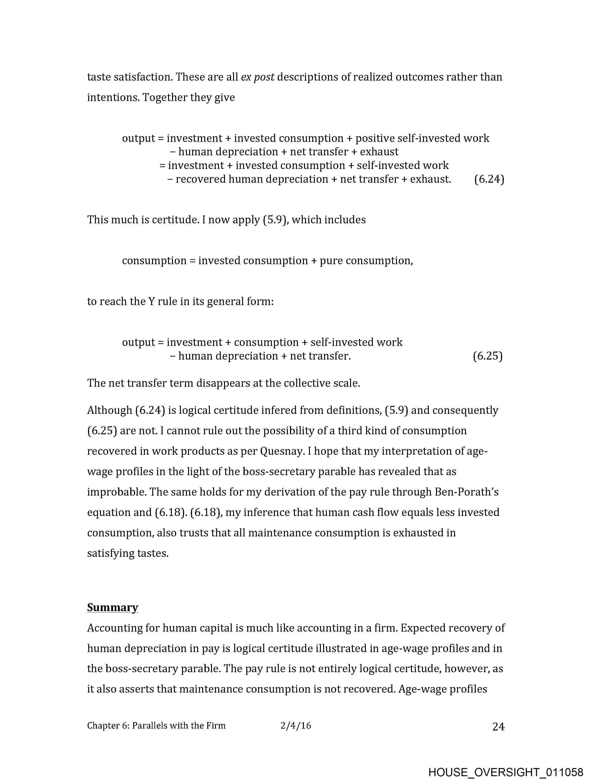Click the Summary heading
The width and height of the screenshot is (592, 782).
coord(112,607)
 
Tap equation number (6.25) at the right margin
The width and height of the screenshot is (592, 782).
coord(487,356)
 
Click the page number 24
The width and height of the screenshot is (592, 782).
coord(498,727)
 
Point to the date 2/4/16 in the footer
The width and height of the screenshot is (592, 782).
coord(296,726)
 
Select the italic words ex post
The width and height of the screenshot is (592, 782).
coord(257,77)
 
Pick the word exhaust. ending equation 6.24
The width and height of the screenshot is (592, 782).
coord(430,179)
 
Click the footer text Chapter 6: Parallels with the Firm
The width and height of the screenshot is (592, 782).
coord(156,726)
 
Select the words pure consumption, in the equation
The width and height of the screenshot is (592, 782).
coord(366,260)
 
